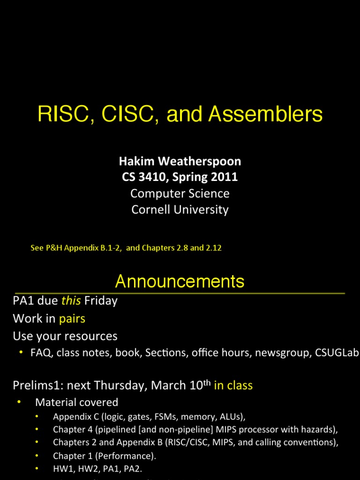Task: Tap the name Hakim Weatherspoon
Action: click(x=180, y=162)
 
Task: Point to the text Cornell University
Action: click(x=180, y=209)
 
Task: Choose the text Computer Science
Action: click(x=180, y=193)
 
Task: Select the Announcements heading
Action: click(x=180, y=281)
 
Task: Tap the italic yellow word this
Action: click(x=71, y=301)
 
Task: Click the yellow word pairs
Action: click(x=72, y=319)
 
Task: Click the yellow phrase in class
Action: click(x=233, y=385)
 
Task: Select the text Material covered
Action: click(x=77, y=402)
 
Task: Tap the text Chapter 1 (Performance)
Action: click(x=105, y=456)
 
